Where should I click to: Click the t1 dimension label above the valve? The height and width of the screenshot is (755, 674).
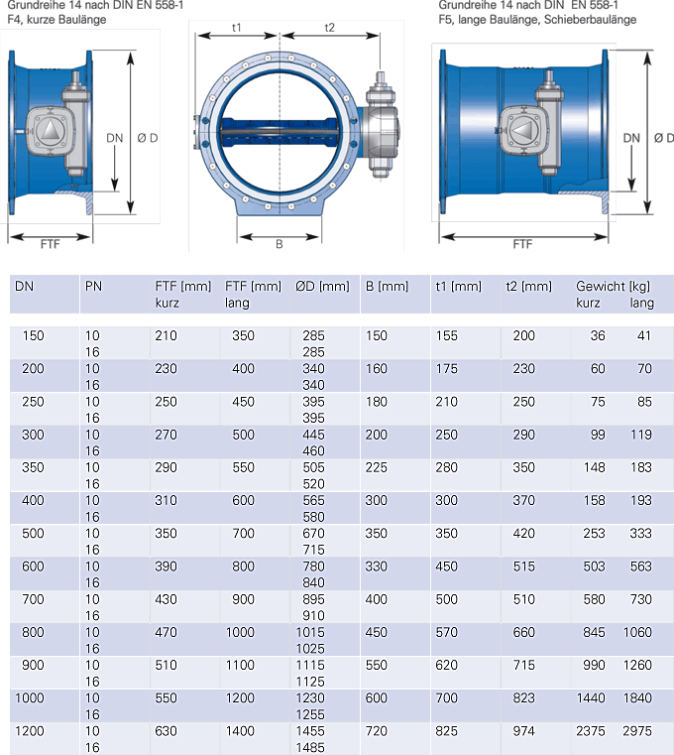click(x=236, y=28)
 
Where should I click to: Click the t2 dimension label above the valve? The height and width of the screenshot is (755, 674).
click(x=329, y=28)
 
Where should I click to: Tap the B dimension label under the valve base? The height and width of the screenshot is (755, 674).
click(x=280, y=244)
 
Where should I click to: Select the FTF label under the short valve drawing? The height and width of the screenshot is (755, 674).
click(x=50, y=244)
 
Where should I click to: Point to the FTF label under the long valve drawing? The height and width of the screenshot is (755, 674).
click(x=522, y=244)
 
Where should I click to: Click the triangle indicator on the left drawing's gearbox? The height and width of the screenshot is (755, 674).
click(x=50, y=130)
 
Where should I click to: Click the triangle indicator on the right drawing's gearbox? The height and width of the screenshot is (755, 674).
click(x=521, y=130)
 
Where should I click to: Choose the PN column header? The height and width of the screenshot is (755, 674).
click(x=93, y=286)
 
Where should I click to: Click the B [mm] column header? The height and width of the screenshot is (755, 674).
click(x=387, y=286)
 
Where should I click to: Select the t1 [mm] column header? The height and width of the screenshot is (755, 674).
click(x=458, y=286)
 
